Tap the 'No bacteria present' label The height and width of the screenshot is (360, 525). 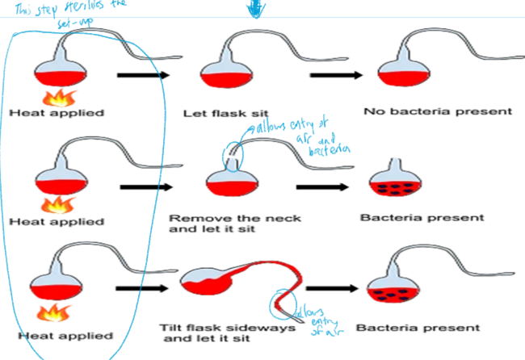pos(426,111)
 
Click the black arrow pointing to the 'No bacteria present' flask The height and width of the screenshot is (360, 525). pos(334,74)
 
